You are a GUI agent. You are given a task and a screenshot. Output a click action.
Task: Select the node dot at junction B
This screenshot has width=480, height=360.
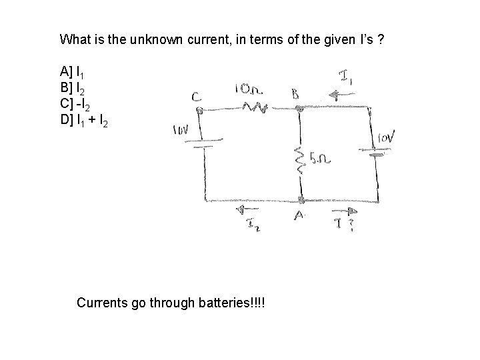tap(300, 107)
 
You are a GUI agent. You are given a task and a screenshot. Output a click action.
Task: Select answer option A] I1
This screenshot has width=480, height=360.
tap(71, 71)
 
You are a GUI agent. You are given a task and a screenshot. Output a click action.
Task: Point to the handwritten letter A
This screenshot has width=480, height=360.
tap(299, 216)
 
